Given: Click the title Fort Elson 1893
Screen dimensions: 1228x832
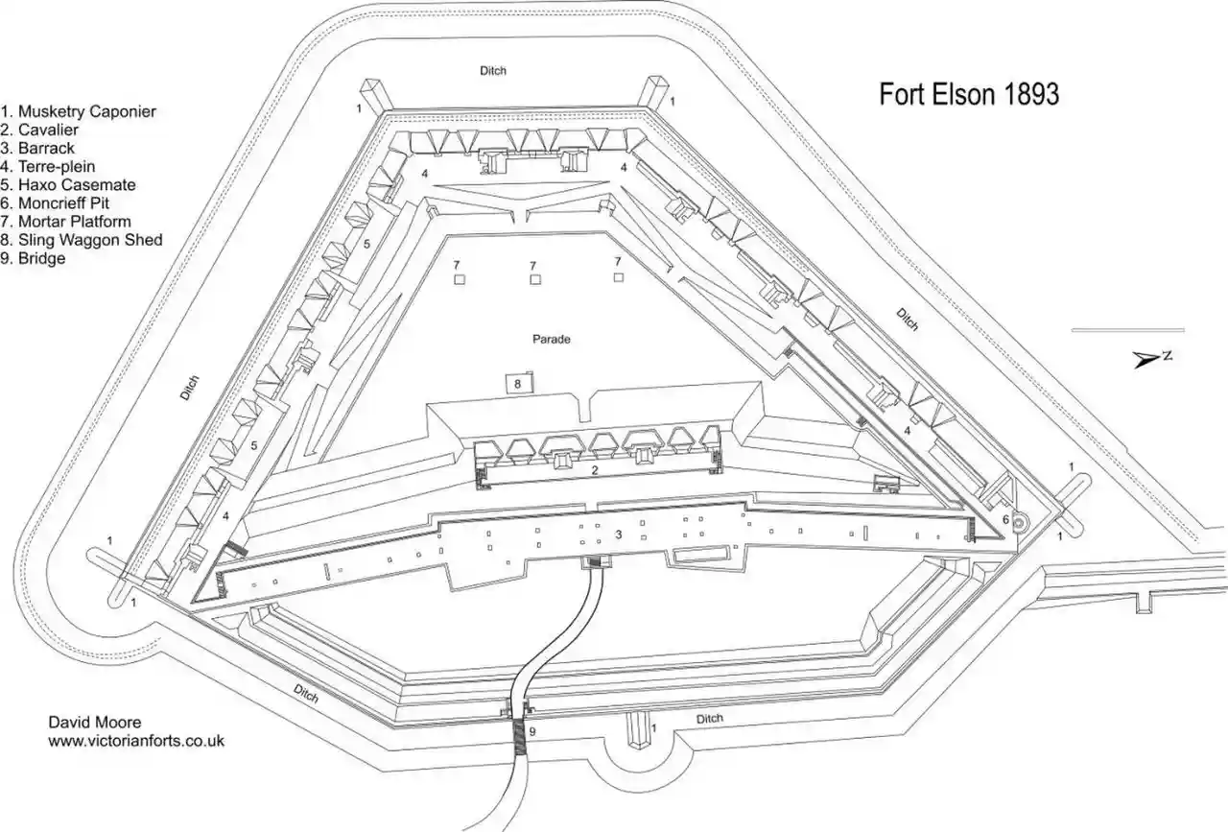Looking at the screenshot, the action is click(x=969, y=94).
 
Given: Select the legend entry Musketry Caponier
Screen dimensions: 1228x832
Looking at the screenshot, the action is click(x=79, y=111).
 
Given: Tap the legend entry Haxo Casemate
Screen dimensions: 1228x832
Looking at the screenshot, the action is click(x=68, y=185).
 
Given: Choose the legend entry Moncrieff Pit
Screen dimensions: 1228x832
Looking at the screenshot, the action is click(x=55, y=202).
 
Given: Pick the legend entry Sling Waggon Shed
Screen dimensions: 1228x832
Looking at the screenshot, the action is click(x=82, y=240).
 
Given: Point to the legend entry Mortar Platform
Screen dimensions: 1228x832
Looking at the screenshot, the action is click(x=66, y=222).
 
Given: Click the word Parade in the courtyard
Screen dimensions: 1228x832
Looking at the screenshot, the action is click(x=552, y=339).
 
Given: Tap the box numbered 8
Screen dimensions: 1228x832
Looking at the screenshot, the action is click(x=518, y=383).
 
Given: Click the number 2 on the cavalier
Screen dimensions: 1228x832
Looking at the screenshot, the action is click(x=594, y=470).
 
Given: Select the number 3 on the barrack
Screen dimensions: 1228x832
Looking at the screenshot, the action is click(x=619, y=534).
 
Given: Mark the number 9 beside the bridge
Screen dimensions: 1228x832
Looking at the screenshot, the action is click(x=531, y=731).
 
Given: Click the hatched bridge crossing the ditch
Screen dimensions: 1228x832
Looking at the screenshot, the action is click(x=519, y=736).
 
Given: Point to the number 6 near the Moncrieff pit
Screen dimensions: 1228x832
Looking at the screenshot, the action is click(x=1006, y=519).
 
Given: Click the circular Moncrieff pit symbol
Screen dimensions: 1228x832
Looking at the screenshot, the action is click(x=1019, y=523).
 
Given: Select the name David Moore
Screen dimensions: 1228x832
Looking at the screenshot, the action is click(x=95, y=723).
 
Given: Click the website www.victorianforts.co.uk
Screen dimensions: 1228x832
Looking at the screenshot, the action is click(x=136, y=741).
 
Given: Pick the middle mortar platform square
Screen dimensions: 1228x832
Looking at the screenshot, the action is click(x=535, y=279).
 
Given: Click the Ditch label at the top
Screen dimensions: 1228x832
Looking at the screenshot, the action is click(x=493, y=71).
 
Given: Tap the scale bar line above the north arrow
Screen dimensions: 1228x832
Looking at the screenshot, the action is click(x=1128, y=330).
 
